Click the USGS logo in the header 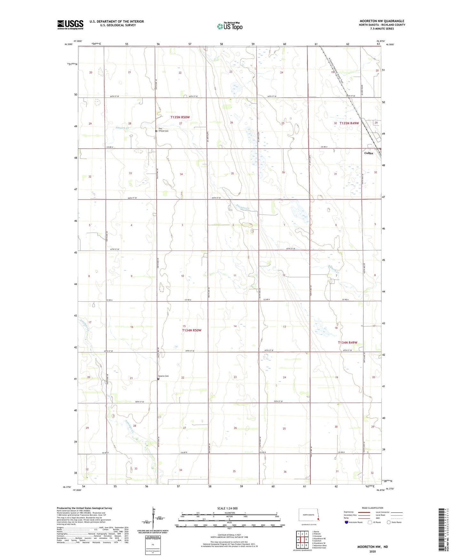[70, 25]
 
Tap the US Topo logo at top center [230, 26]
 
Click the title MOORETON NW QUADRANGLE [382, 21]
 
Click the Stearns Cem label [163, 376]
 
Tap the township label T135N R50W [180, 117]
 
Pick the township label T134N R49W [348, 343]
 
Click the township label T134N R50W [192, 330]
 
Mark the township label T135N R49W [349, 123]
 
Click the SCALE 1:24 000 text [227, 508]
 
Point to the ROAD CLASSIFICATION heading [372, 508]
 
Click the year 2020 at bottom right [372, 551]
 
